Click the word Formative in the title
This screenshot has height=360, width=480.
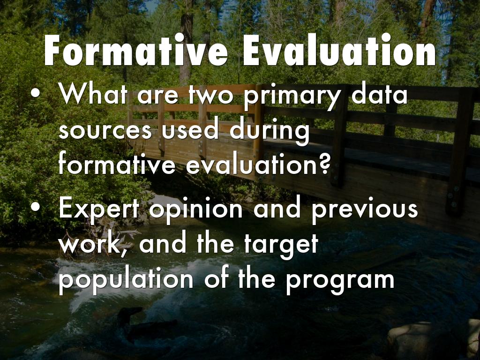136,50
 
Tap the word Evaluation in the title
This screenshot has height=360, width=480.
339,50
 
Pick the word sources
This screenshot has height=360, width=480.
105,130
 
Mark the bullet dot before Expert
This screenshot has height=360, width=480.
35,208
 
